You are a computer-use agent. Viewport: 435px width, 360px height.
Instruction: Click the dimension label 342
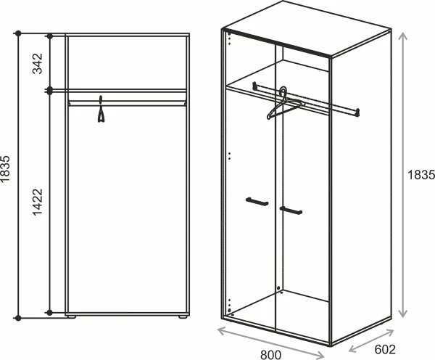point(38,63)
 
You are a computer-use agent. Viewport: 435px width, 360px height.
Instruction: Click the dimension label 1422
point(38,202)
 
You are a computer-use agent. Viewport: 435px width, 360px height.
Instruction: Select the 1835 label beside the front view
point(5,169)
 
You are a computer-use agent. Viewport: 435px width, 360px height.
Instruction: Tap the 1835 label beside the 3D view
point(420,175)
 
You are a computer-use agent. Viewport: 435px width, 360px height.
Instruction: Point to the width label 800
point(270,355)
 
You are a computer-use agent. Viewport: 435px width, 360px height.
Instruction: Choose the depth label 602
point(385,349)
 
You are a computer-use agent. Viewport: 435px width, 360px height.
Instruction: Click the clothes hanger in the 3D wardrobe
point(284,104)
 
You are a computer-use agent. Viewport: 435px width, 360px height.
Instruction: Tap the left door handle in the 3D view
point(257,201)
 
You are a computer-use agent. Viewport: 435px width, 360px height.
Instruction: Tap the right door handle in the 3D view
point(291,210)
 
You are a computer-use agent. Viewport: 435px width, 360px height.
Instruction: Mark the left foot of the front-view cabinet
point(72,316)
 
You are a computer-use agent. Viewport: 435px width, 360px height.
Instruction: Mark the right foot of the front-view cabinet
point(183,316)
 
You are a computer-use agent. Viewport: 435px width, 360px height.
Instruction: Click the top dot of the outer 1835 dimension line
point(18,33)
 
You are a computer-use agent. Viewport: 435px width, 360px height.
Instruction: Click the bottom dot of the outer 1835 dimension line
point(18,318)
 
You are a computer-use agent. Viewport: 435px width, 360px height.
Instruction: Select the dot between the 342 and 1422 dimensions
point(50,90)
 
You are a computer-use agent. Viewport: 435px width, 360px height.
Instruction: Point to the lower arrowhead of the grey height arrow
point(403,314)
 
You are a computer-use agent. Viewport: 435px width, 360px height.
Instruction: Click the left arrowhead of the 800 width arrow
point(221,330)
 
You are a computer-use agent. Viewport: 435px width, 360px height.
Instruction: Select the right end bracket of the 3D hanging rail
point(357,112)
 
